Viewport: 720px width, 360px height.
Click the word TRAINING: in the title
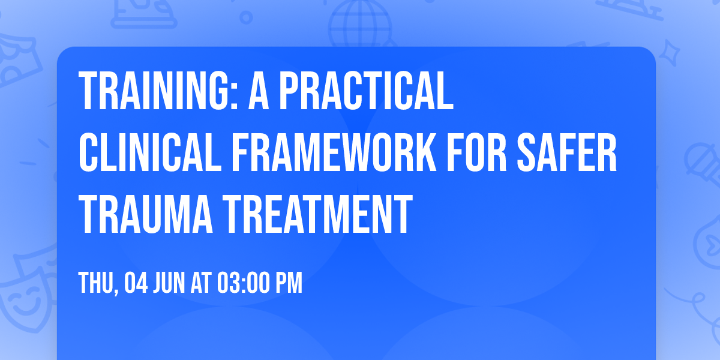click(157, 91)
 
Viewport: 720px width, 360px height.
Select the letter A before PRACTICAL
click(259, 91)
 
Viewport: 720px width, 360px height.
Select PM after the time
click(291, 283)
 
